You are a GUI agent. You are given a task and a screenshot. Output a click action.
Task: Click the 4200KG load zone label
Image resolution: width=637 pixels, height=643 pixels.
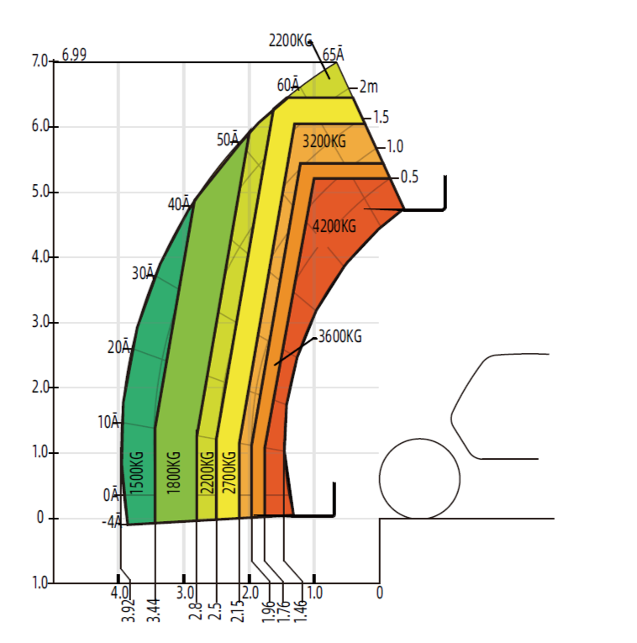(x=334, y=226)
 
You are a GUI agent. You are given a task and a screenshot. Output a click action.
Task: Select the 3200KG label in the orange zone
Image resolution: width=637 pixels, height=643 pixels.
(x=324, y=141)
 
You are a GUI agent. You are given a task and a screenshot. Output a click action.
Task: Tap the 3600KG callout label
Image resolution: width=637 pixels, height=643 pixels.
(x=340, y=337)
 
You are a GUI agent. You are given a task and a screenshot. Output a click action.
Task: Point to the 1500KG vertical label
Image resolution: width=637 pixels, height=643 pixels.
(x=137, y=472)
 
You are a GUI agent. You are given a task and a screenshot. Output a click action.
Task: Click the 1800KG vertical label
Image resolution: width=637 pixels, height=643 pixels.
(x=174, y=472)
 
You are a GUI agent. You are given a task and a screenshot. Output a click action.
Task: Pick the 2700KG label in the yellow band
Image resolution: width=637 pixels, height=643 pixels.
(x=229, y=472)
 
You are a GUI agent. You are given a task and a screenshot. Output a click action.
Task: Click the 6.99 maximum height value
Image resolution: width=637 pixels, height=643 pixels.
(x=74, y=55)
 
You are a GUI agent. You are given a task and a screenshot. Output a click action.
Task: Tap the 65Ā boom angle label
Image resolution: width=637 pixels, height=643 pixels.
(x=334, y=54)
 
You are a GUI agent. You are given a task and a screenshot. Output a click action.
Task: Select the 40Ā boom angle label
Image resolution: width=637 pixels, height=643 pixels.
(x=179, y=203)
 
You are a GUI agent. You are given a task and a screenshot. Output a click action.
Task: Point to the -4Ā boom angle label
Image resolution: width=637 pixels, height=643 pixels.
(x=112, y=521)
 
